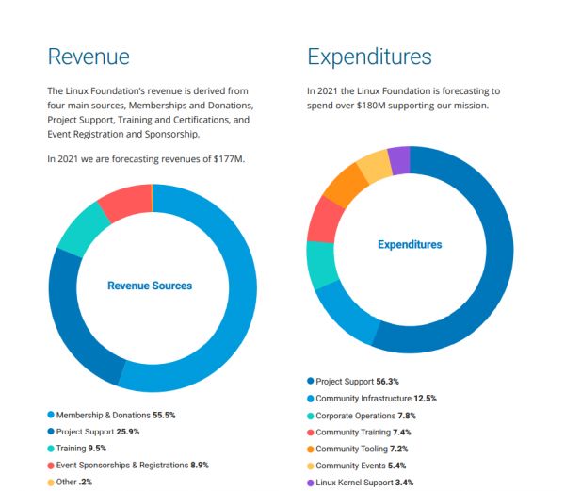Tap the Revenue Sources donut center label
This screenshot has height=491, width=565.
click(150, 286)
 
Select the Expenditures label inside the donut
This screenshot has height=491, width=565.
click(410, 245)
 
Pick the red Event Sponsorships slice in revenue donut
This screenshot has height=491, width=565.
click(123, 201)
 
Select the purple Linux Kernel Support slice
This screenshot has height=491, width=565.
click(398, 160)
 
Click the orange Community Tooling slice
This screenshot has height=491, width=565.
click(345, 185)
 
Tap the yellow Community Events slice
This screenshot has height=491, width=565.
click(374, 167)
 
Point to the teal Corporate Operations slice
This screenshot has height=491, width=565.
click(322, 265)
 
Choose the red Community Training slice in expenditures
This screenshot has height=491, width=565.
click(325, 220)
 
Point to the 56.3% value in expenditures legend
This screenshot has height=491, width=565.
click(389, 381)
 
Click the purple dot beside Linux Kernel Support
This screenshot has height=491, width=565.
click(311, 482)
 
